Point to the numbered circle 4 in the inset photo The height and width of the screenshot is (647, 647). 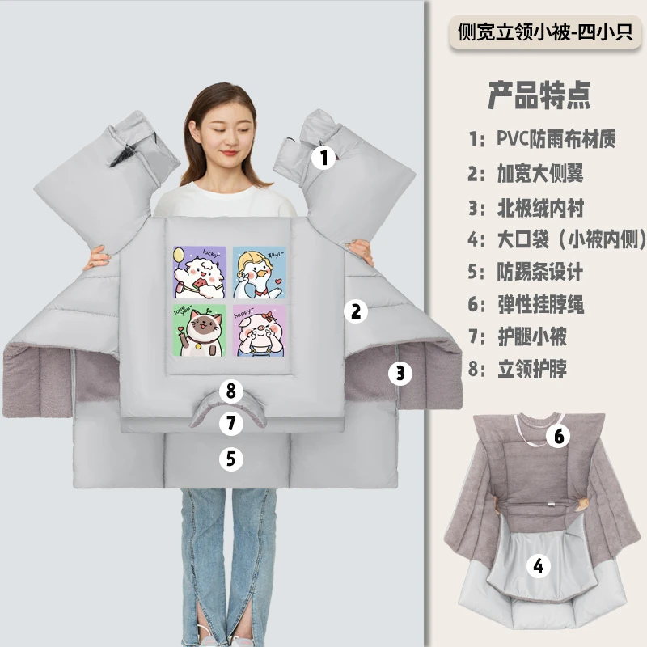pos(538,565)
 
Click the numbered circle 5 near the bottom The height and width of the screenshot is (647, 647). pos(231,459)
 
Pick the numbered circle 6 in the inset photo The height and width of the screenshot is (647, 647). pos(557,436)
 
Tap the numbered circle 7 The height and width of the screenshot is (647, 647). pos(231,423)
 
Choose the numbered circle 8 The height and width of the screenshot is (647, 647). pos(231,391)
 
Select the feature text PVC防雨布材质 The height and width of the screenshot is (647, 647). pos(556,138)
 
